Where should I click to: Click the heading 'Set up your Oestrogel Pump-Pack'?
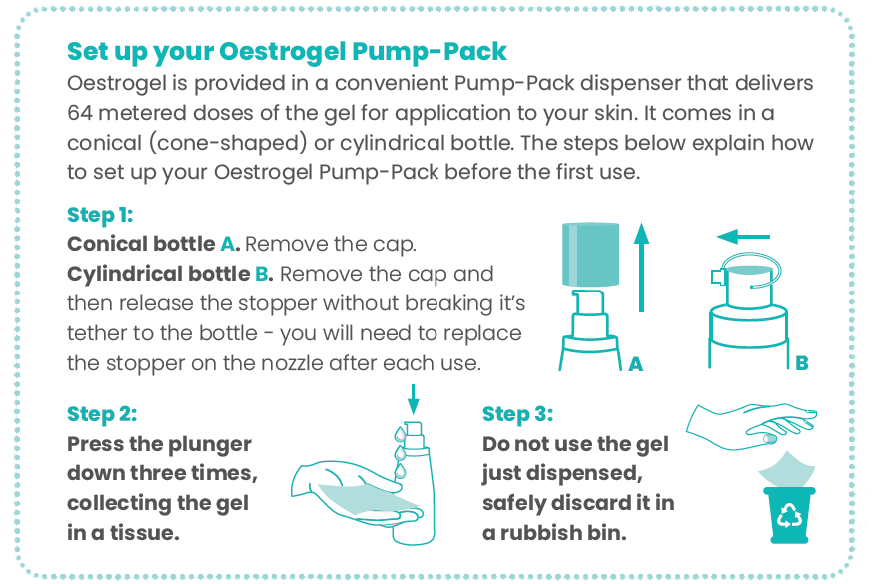[287, 52]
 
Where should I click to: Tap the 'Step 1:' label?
[100, 215]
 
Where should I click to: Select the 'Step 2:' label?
[102, 414]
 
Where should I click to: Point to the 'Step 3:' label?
[517, 414]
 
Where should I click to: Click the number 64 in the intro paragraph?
[79, 113]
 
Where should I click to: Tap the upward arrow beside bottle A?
[642, 268]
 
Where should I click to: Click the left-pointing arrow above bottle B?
[743, 237]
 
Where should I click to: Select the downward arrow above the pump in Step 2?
[413, 399]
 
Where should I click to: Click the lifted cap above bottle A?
[590, 255]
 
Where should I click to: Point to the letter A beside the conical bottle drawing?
[635, 364]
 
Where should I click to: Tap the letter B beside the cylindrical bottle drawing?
[801, 363]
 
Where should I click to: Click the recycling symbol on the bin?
[789, 515]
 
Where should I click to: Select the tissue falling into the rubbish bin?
[786, 470]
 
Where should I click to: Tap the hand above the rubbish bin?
[752, 426]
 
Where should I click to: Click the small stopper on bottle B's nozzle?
[718, 277]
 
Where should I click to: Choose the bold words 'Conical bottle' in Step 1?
[141, 244]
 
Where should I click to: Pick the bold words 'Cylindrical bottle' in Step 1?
[159, 274]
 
